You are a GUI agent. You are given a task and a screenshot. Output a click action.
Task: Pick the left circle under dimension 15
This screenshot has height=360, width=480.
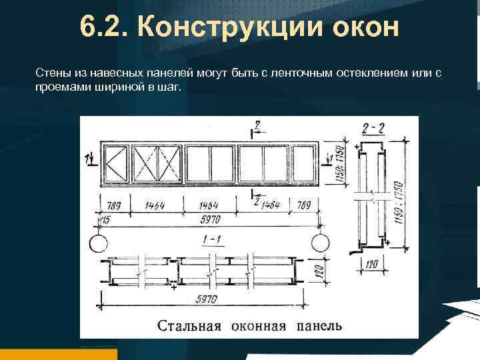pyautogui.click(x=97, y=242)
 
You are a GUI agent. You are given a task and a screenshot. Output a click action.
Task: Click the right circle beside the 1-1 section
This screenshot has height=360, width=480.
pyautogui.click(x=320, y=242)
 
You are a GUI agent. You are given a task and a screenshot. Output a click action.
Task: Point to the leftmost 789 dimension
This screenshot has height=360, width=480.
pyautogui.click(x=112, y=205)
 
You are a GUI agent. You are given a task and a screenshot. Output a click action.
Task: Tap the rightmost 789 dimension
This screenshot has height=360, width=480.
pyautogui.click(x=304, y=205)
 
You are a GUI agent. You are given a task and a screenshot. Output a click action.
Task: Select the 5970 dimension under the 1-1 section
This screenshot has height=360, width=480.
pyautogui.click(x=207, y=299)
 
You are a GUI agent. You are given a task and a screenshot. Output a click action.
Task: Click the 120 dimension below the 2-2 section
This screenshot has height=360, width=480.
pyautogui.click(x=373, y=265)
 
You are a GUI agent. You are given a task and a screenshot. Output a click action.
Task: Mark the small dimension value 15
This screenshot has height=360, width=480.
pyautogui.click(x=105, y=219)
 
